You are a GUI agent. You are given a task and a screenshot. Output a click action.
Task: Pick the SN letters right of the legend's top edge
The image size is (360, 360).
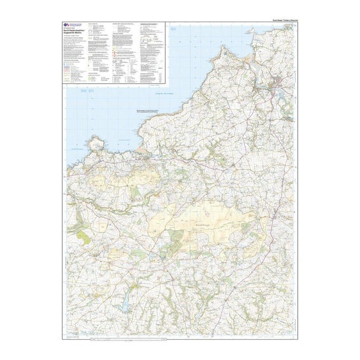(x=173, y=30)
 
